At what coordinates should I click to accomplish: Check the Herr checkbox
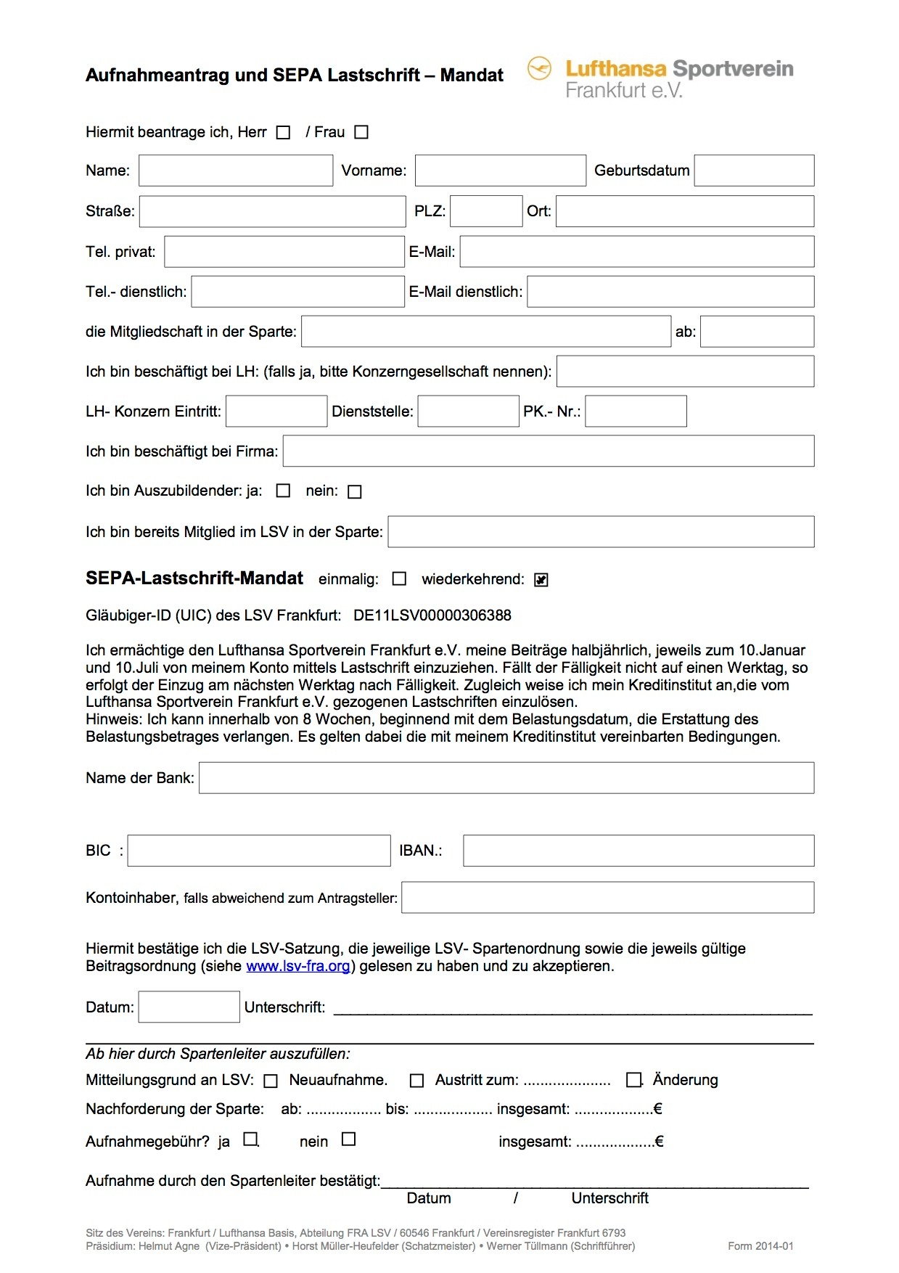[x=284, y=133]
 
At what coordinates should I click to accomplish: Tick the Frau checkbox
[x=361, y=132]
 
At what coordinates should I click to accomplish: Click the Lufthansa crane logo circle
[x=539, y=69]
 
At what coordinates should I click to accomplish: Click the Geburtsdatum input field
[x=754, y=171]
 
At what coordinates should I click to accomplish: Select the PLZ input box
[x=486, y=211]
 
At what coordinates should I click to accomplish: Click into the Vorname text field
[x=500, y=171]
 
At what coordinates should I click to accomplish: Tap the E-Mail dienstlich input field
[x=670, y=292]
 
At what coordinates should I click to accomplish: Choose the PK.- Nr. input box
[x=636, y=412]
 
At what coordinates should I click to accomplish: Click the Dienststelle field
[x=468, y=412]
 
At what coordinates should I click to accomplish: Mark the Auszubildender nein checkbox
[x=355, y=492]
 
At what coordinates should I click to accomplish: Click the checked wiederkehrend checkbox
[x=541, y=580]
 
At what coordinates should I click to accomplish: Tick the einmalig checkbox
[x=399, y=579]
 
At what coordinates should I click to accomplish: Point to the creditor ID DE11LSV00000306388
[x=432, y=615]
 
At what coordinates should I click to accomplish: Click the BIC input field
[x=259, y=851]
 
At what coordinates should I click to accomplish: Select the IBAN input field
[x=639, y=851]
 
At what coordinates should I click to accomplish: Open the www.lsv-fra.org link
[x=298, y=967]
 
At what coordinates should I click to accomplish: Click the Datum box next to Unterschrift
[x=189, y=1007]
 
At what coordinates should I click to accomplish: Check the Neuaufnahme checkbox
[x=271, y=1081]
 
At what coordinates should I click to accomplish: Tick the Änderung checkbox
[x=634, y=1080]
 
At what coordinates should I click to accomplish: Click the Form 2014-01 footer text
[x=760, y=1246]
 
